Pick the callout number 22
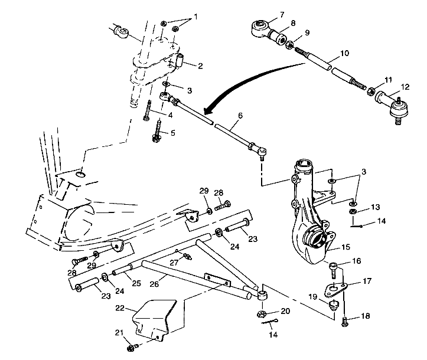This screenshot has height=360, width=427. click(120, 307)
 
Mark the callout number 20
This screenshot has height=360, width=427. click(285, 311)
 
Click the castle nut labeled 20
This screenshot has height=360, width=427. click(262, 313)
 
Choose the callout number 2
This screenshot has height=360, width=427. click(200, 66)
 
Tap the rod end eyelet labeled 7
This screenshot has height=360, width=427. click(260, 27)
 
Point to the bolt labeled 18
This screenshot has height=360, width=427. click(345, 321)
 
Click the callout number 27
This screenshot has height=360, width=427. click(174, 263)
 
